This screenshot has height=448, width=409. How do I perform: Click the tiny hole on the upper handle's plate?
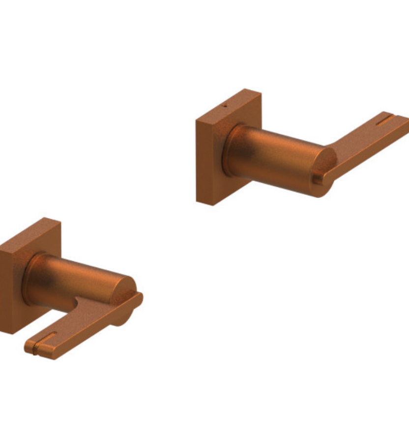pyautogui.click(x=224, y=105)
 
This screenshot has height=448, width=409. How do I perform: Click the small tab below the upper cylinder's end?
pyautogui.click(x=318, y=180)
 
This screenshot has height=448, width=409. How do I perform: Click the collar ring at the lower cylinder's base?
pyautogui.click(x=29, y=281)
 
